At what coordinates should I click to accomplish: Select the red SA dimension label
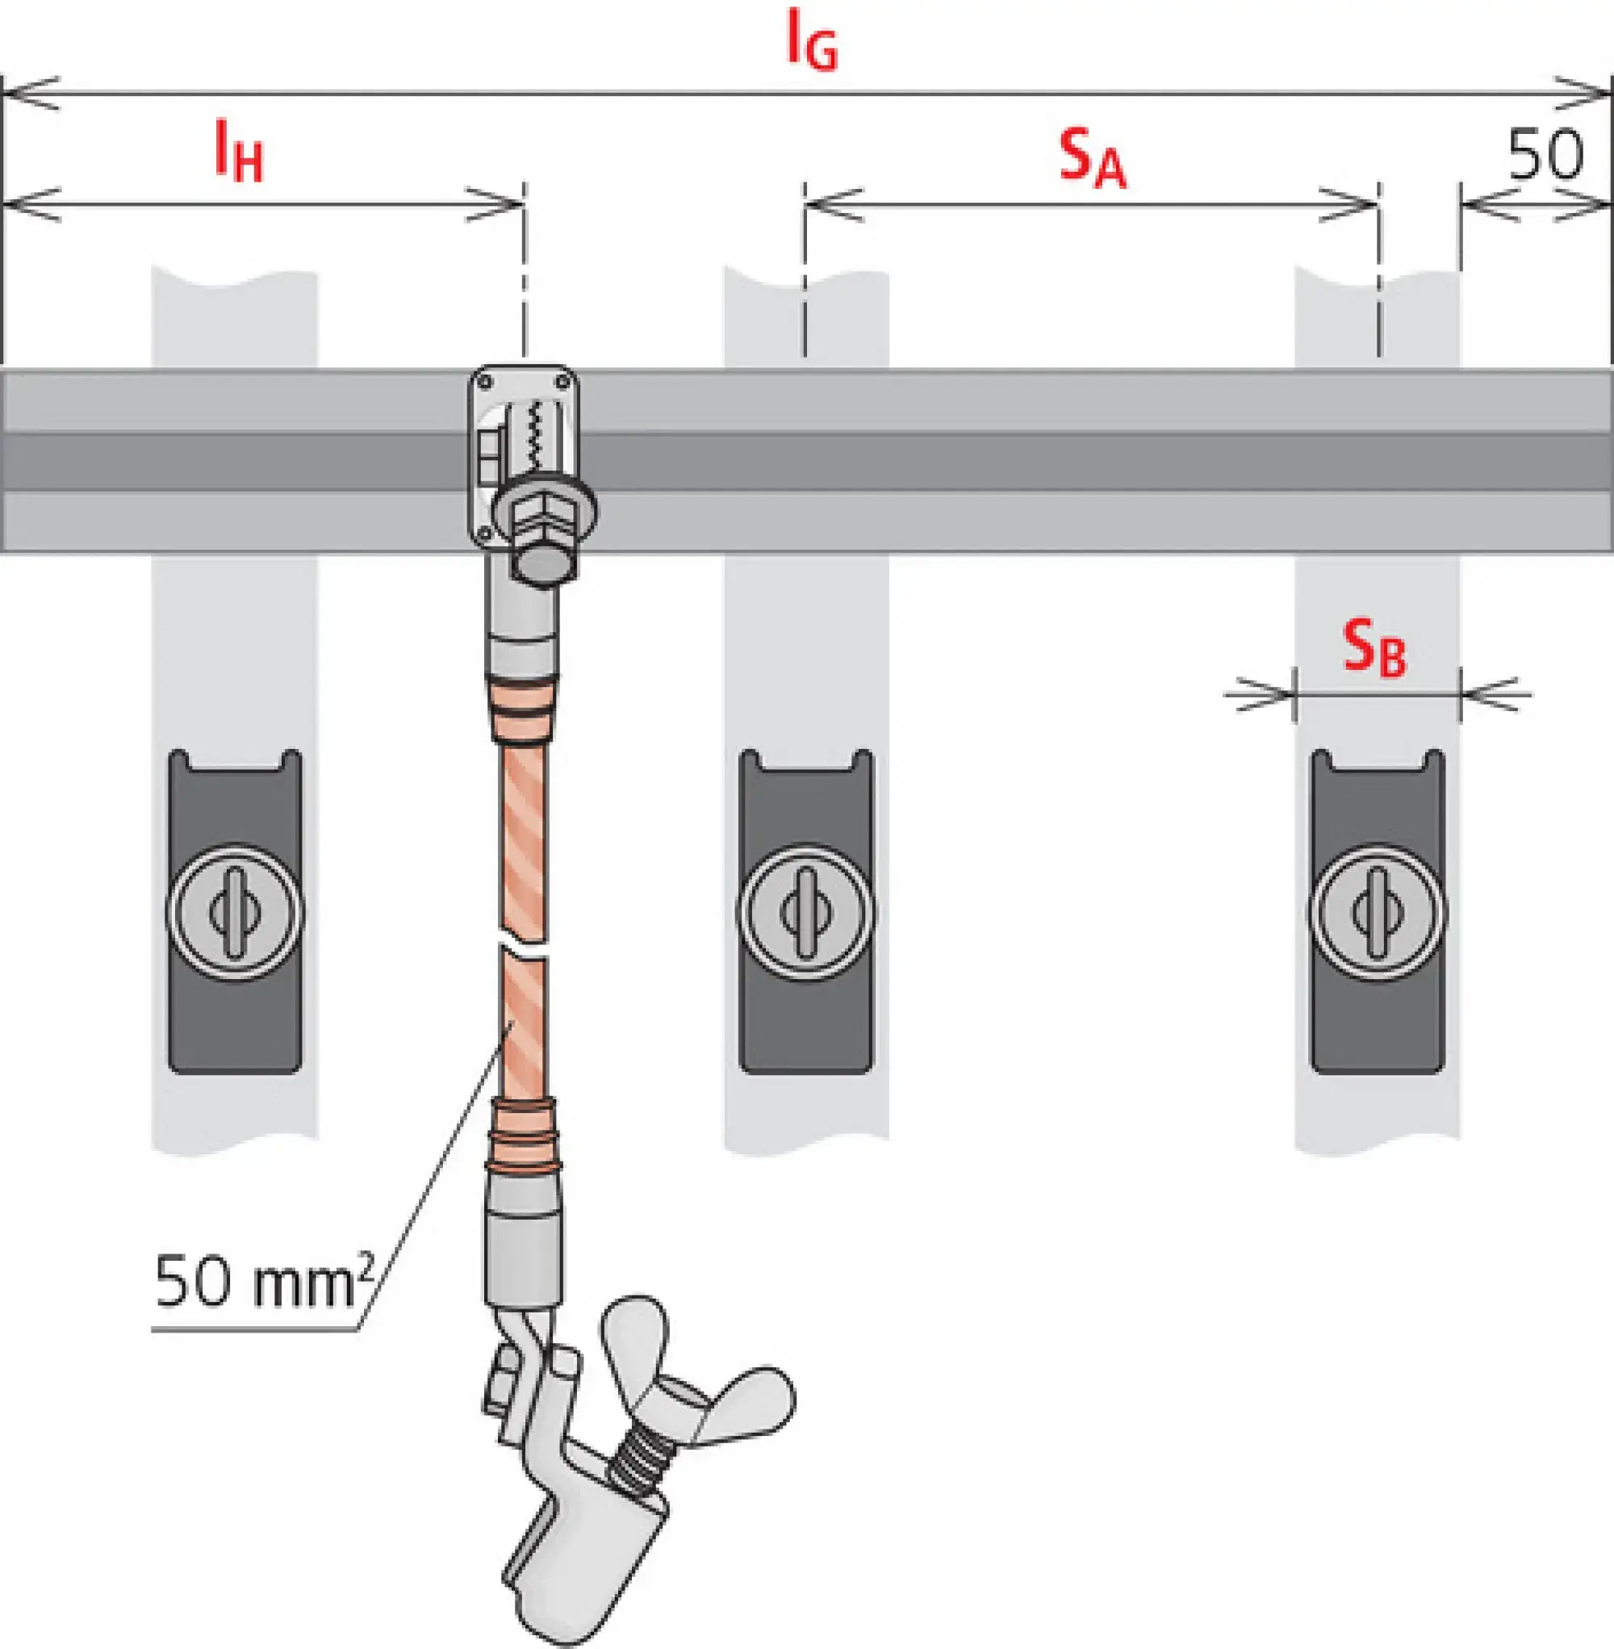point(1092,158)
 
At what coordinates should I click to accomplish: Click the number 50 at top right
point(1545,155)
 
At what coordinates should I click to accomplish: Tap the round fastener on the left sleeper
point(235,911)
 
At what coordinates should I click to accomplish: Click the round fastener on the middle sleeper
point(805,911)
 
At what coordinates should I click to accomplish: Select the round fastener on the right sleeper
point(1377,911)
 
